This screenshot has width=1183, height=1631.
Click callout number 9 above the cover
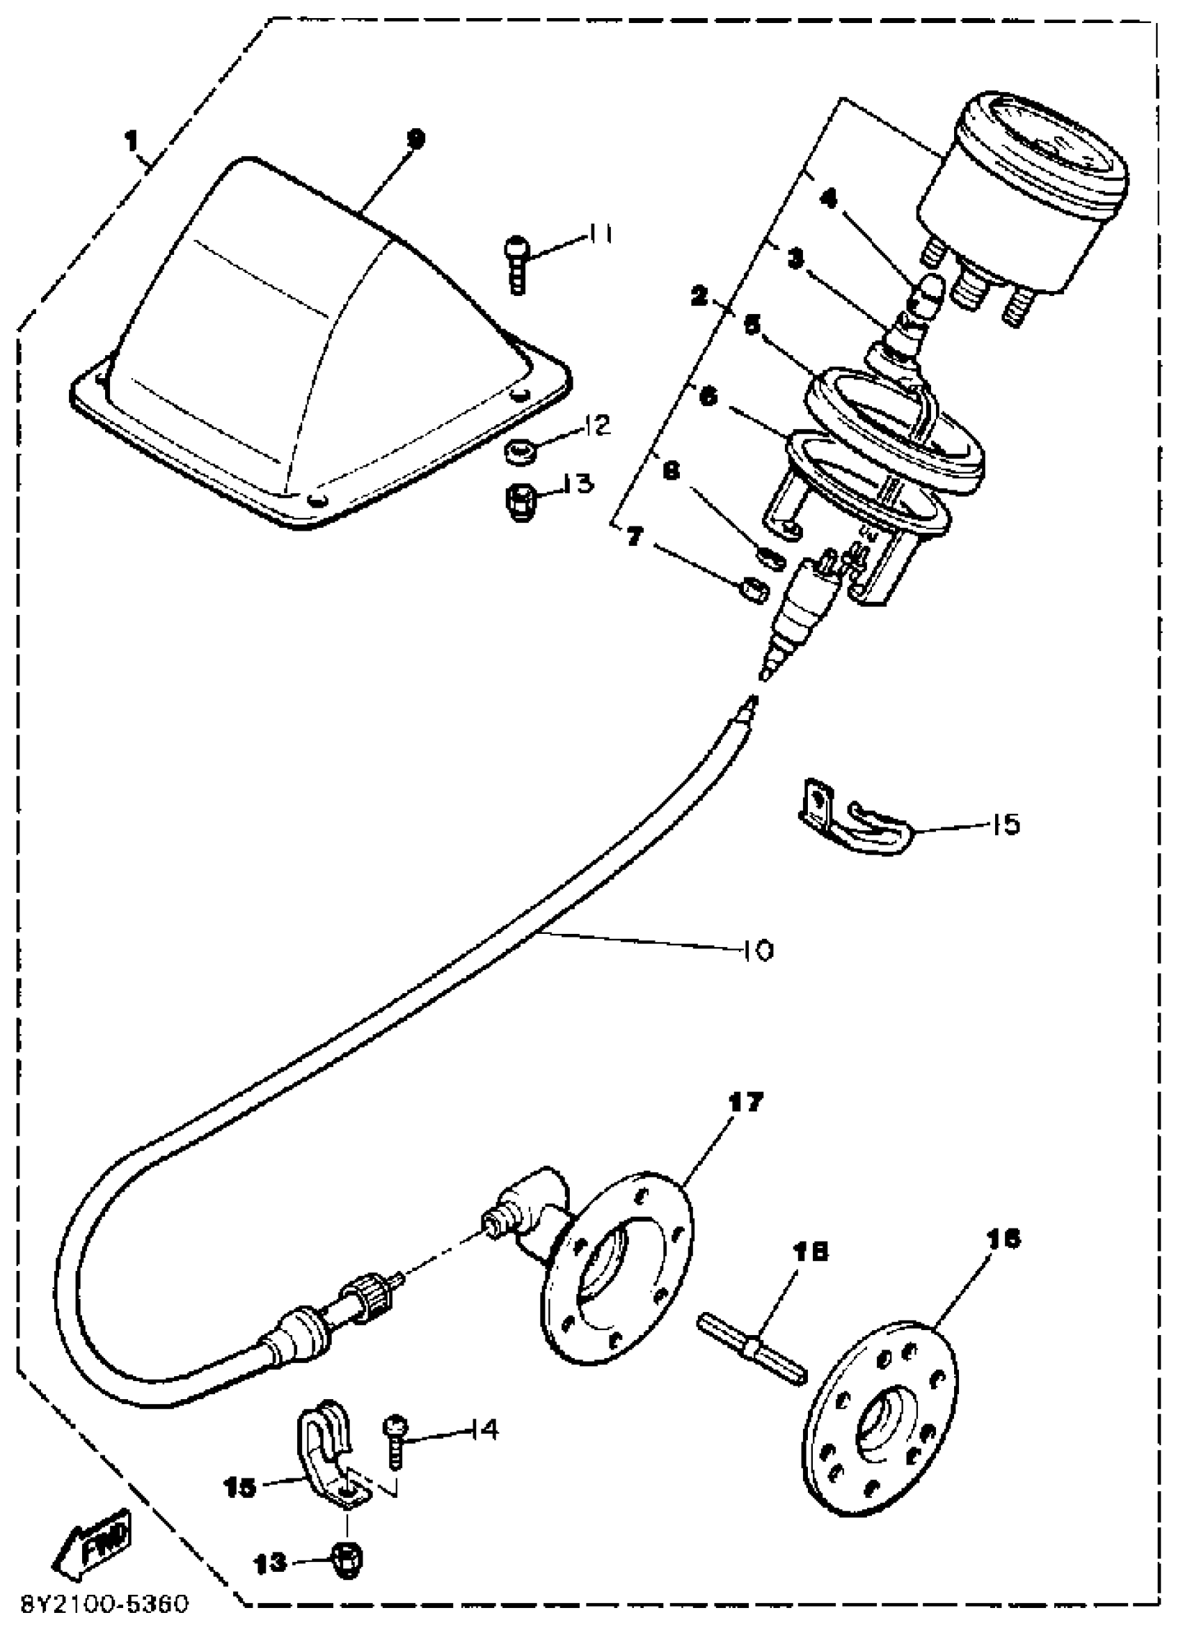point(416,138)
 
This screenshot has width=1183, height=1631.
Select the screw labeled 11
point(516,263)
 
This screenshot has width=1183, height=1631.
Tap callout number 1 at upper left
point(131,141)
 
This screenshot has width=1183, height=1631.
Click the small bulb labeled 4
point(921,295)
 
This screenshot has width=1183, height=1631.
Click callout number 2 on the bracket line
point(699,296)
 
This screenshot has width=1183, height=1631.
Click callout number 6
point(708,397)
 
